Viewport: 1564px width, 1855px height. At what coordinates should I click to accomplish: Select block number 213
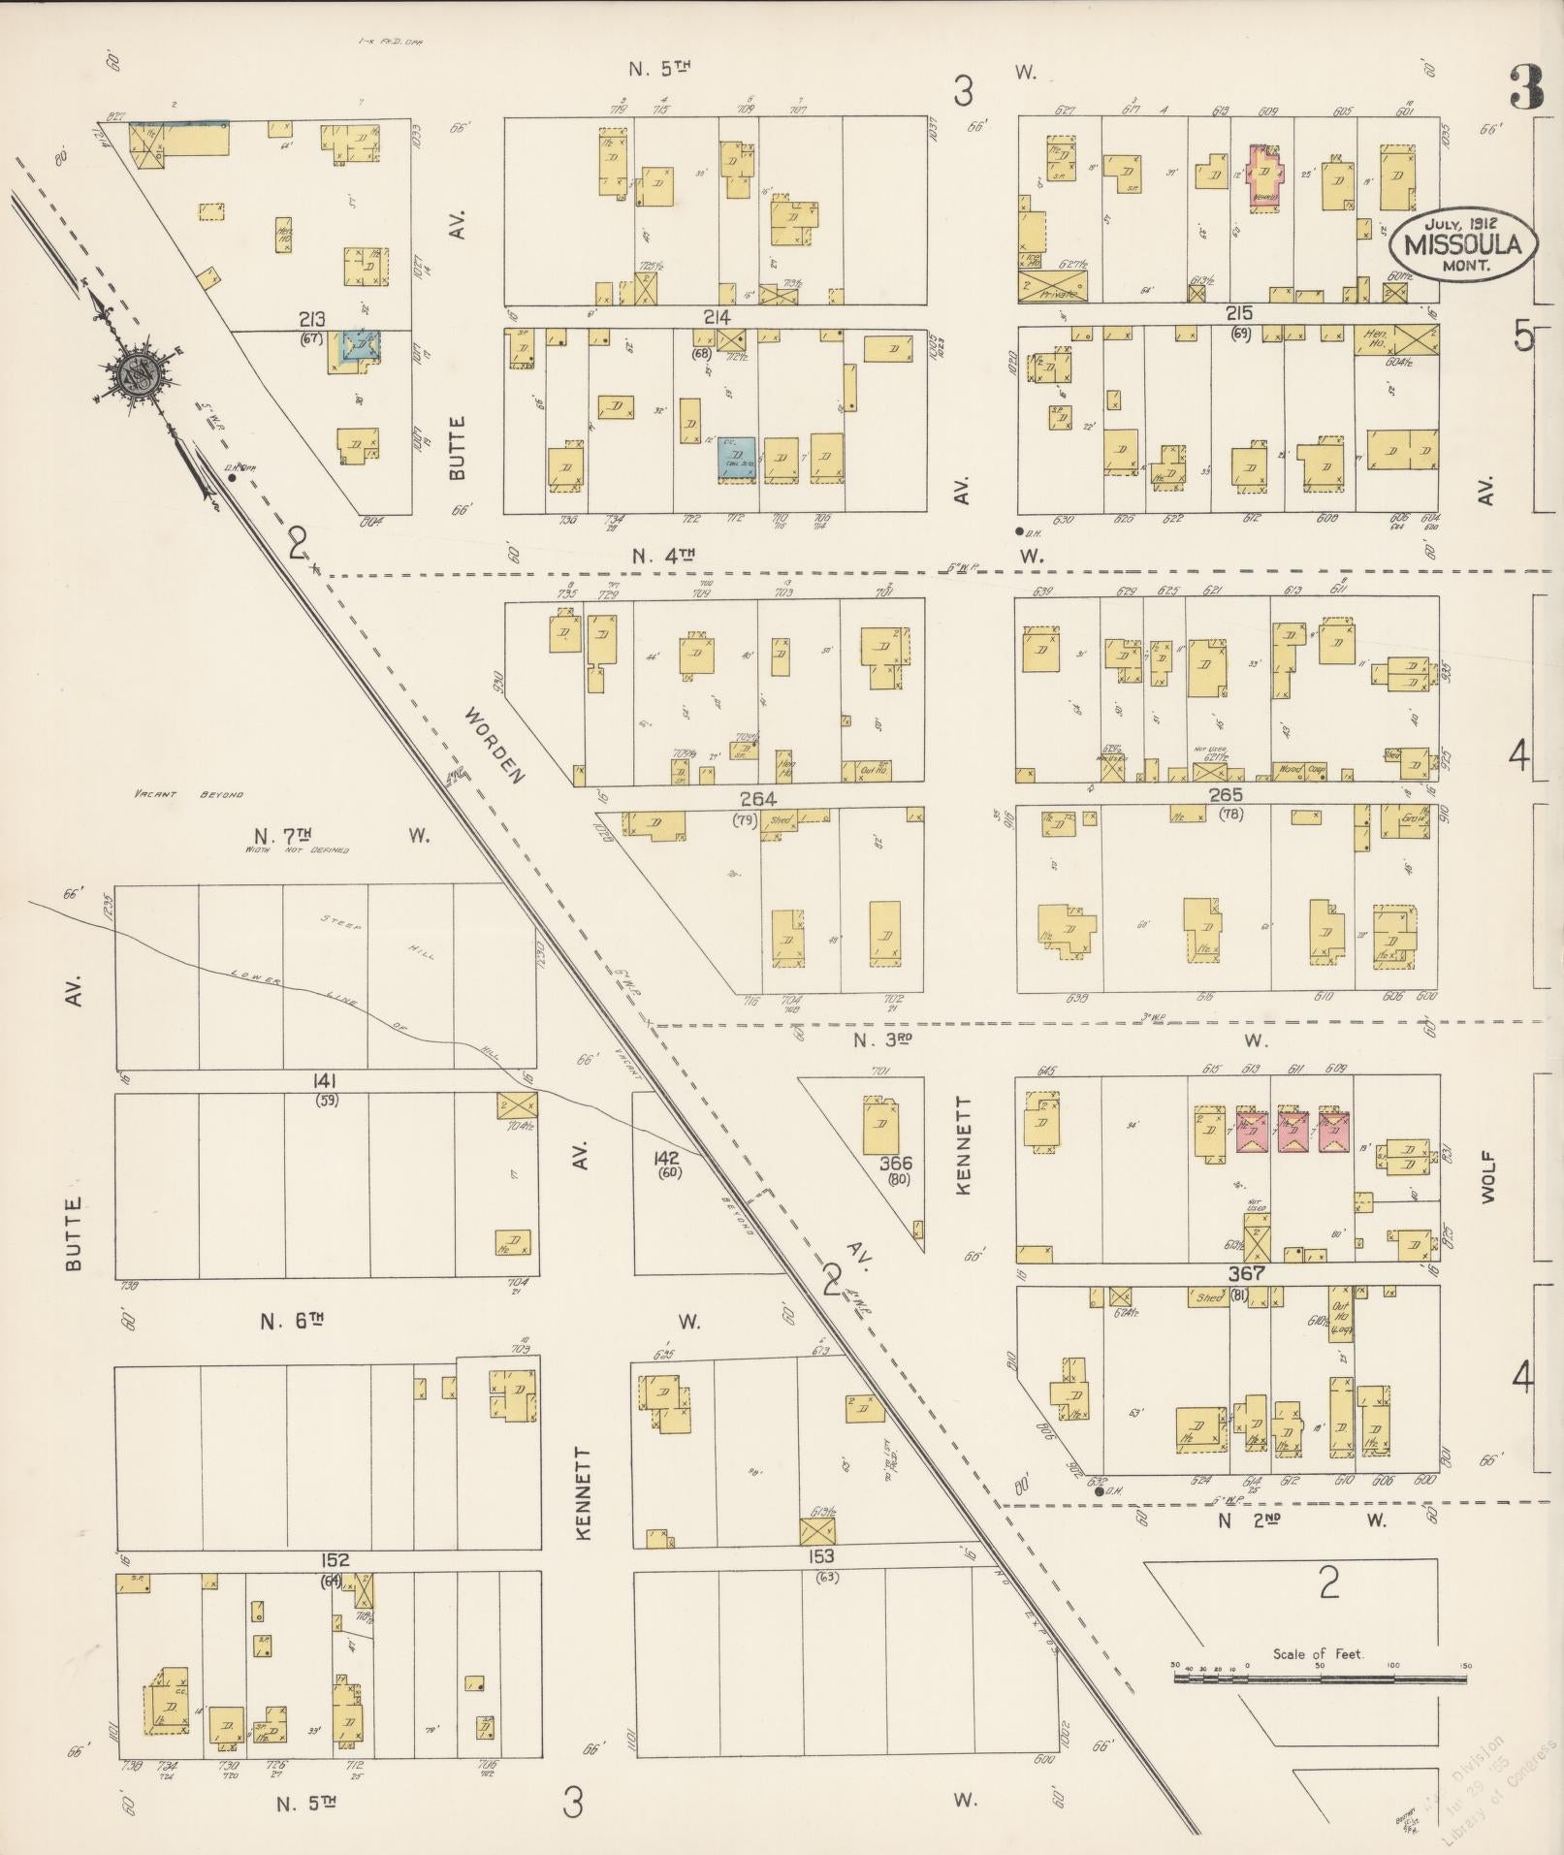tap(312, 319)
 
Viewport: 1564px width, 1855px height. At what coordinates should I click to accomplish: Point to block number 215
tap(1239, 313)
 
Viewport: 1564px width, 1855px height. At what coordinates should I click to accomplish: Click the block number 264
tap(757, 799)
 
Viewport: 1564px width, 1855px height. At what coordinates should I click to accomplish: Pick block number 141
tap(325, 1080)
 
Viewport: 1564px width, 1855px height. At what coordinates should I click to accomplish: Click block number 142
tap(667, 1158)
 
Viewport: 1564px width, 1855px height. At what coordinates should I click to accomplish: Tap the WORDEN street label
tap(494, 746)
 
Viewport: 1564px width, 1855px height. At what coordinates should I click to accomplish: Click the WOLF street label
tap(1489, 1177)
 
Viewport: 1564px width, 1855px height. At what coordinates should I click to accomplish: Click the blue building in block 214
tap(736, 455)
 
